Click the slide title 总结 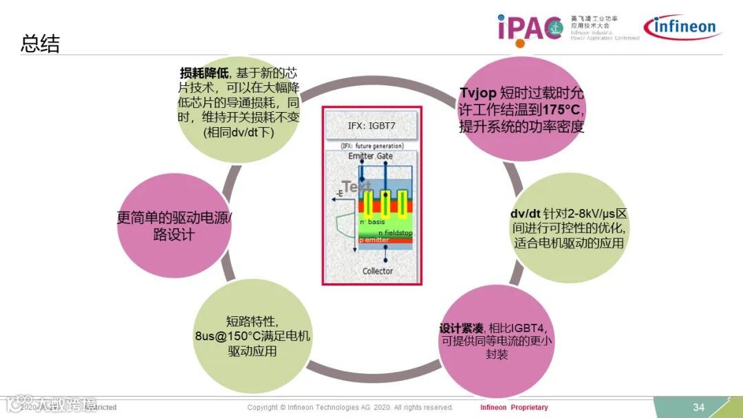pyautogui.click(x=41, y=45)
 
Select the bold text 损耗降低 pyautogui.click(x=206, y=73)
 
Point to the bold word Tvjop pyautogui.click(x=477, y=93)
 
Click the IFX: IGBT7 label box pyautogui.click(x=371, y=126)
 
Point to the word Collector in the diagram pyautogui.click(x=378, y=271)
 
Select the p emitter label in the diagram pyautogui.click(x=374, y=240)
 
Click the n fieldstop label pyautogui.click(x=395, y=233)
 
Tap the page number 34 pyautogui.click(x=698, y=407)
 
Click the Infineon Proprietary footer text pyautogui.click(x=514, y=407)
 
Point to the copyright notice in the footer pyautogui.click(x=350, y=407)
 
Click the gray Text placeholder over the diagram pyautogui.click(x=356, y=186)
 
